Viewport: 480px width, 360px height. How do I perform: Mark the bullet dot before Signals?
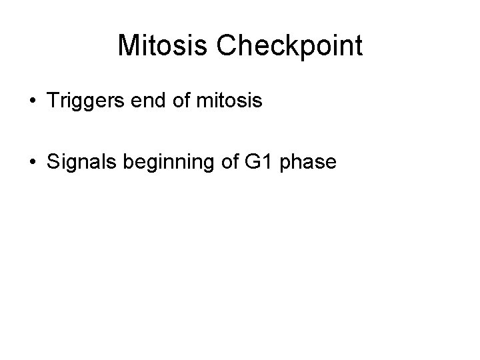point(32,164)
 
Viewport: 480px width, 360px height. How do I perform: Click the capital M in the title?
point(129,46)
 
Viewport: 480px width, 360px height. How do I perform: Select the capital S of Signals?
point(53,163)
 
